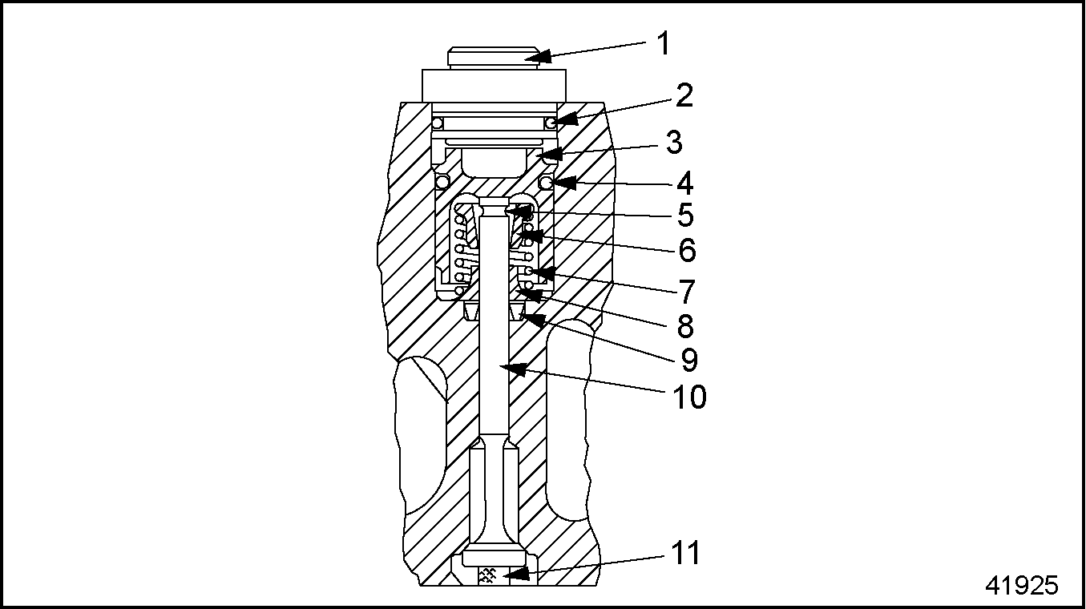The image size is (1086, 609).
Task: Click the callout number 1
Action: [x=663, y=43]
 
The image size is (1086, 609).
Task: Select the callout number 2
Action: [x=684, y=96]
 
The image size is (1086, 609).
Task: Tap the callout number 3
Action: [x=673, y=143]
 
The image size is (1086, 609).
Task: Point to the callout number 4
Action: [x=684, y=184]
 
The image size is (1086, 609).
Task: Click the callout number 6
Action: [x=687, y=250]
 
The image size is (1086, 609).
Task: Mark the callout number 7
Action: [x=687, y=292]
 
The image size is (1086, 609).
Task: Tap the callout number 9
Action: [x=689, y=360]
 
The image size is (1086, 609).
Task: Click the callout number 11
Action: [x=686, y=553]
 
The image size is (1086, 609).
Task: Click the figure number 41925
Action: [x=1021, y=586]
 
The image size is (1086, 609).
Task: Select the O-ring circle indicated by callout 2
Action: [x=551, y=123]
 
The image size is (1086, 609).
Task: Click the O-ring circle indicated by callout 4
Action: [x=547, y=184]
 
